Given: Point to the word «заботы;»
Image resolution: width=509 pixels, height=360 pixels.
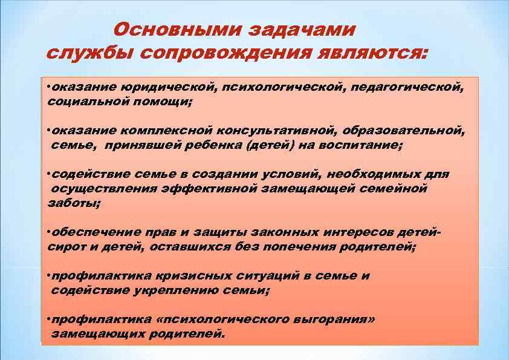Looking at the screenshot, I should point(74,203).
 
